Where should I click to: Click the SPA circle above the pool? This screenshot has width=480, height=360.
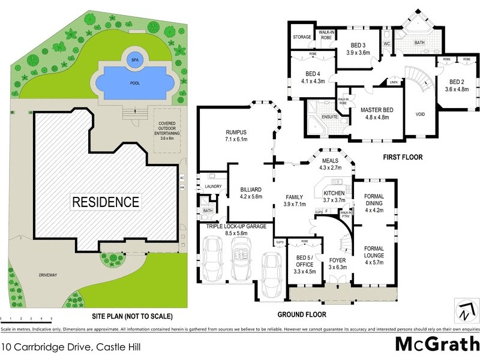click(133, 59)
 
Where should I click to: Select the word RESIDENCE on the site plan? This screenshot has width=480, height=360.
click(106, 202)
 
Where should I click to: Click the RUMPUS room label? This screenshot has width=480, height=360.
click(236, 134)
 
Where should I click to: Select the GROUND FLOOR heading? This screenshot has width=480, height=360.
click(301, 314)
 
